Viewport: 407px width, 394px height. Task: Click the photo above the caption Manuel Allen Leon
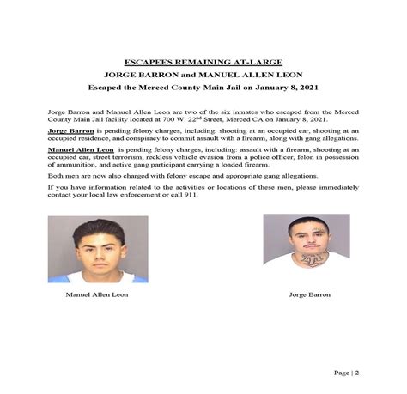(97, 248)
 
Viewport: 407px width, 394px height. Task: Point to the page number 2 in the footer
(356, 372)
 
